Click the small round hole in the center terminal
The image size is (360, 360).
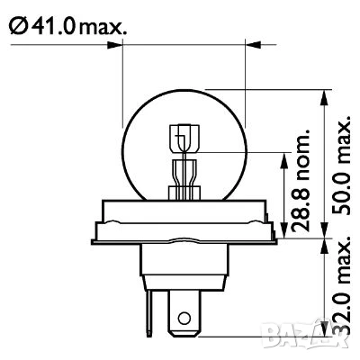tap(184, 318)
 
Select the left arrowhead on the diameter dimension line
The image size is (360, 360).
tap(127, 42)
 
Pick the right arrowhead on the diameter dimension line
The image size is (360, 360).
tap(240, 42)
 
